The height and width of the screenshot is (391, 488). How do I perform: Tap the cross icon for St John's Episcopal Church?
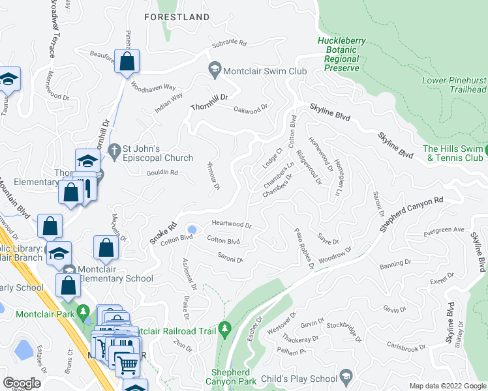click(114, 150)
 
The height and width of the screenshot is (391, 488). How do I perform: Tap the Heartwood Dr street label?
click(232, 225)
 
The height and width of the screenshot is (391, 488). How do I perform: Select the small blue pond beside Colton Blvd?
click(192, 229)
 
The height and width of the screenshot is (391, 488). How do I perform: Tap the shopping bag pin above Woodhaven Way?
click(128, 63)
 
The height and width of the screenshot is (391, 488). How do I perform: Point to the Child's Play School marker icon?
click(345, 376)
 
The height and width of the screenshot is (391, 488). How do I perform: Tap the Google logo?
click(23, 383)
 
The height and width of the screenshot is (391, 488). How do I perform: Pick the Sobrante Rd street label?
click(228, 45)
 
